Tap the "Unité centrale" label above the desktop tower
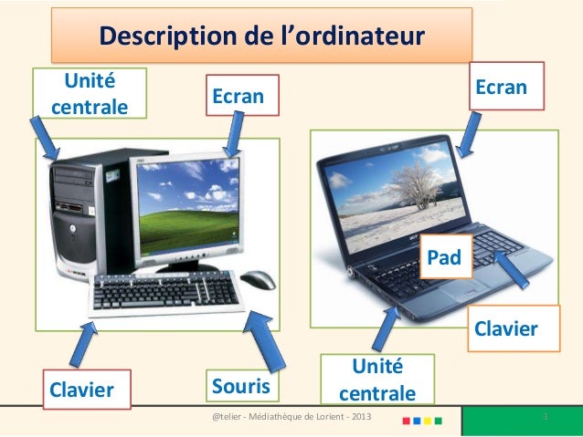click(90, 94)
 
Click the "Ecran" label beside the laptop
click(506, 87)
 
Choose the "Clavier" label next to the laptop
click(502, 328)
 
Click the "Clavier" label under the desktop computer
click(84, 390)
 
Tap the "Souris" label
click(241, 387)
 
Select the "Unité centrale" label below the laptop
click(377, 381)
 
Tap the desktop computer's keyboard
click(164, 294)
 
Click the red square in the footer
click(406, 422)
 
